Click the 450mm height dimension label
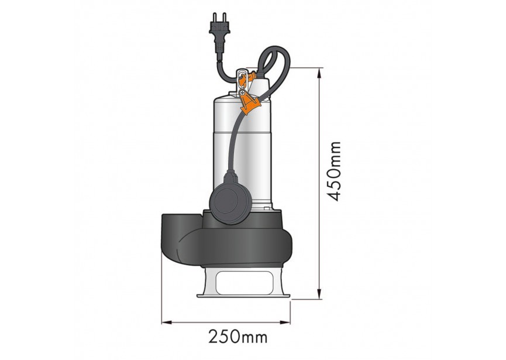[x=334, y=171]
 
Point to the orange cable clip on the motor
[x=249, y=104]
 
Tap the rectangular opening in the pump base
[x=243, y=283]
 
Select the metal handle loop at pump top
[x=240, y=76]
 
